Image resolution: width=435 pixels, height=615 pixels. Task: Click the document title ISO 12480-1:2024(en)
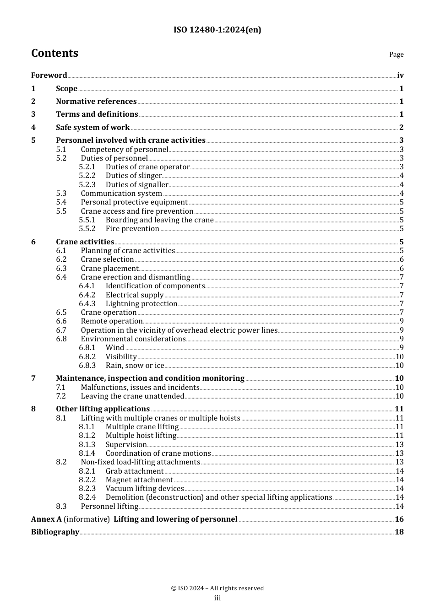[217, 30]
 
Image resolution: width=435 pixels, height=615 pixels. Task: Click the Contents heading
[54, 54]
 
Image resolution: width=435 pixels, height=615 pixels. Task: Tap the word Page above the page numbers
[396, 54]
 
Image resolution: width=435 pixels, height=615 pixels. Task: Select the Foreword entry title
[49, 76]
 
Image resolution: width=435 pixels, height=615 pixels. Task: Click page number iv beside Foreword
[400, 76]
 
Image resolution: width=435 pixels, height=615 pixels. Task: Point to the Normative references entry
[96, 102]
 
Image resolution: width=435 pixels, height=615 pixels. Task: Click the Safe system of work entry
[92, 128]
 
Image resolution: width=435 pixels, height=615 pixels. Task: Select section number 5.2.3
[87, 185]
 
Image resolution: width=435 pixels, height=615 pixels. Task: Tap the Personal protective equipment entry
[134, 202]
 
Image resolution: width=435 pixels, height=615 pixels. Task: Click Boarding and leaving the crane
[159, 220]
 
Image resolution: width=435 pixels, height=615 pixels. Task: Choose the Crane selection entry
[107, 259]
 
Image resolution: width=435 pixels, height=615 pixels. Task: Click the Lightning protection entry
[141, 304]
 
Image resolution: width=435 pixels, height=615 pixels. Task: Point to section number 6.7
[61, 330]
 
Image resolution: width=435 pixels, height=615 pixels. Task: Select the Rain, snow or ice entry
[135, 366]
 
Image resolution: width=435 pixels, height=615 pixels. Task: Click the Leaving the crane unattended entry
[132, 396]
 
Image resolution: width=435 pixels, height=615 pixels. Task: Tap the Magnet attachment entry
[139, 480]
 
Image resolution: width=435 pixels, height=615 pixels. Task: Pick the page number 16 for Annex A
[399, 519]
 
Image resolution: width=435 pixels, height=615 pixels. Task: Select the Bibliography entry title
[55, 532]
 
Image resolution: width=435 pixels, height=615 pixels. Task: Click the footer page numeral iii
[217, 598]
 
